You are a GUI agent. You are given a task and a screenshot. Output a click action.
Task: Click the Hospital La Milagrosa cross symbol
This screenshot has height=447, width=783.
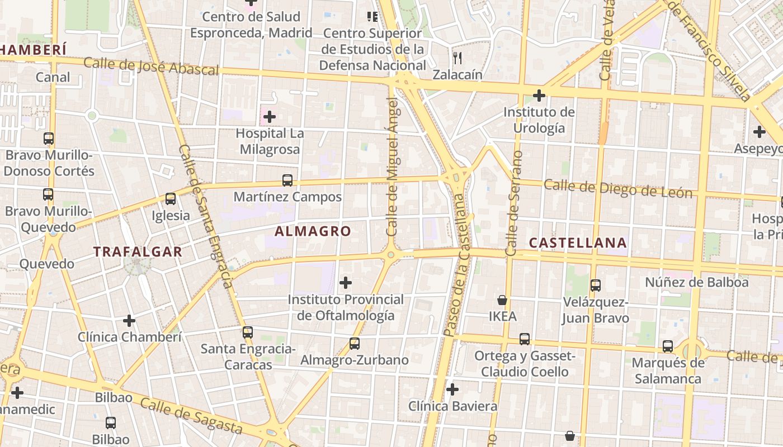tap(270, 117)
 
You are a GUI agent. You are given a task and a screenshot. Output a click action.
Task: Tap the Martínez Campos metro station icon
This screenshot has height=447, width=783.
tap(287, 180)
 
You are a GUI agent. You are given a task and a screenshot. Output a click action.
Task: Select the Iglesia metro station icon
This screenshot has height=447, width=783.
tap(171, 198)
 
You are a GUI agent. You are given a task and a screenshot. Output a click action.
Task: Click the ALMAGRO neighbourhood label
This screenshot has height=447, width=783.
tap(313, 231)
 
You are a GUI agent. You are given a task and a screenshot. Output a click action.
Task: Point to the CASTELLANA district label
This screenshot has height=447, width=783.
tap(578, 242)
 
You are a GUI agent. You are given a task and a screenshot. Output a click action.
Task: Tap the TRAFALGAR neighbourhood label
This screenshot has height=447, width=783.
tap(138, 251)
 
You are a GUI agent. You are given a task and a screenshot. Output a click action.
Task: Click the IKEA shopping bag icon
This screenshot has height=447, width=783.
tap(502, 300)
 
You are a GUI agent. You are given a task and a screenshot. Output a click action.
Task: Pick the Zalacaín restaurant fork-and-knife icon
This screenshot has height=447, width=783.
tap(457, 58)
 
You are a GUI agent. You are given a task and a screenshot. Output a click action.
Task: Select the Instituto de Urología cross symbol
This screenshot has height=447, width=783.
tap(539, 96)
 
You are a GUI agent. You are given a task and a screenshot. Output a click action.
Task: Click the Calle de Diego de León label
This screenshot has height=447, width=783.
tap(618, 188)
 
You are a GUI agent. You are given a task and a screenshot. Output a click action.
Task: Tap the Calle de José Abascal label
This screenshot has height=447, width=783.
tap(151, 66)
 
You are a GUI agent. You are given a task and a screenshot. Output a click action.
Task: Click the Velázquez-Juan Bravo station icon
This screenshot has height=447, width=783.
tap(596, 286)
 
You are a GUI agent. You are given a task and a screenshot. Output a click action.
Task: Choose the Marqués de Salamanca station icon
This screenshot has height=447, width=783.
tap(668, 346)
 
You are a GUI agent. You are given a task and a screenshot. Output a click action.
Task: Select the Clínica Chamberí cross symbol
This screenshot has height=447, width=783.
tap(129, 321)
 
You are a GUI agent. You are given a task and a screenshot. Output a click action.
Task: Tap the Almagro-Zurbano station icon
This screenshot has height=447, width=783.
tap(355, 344)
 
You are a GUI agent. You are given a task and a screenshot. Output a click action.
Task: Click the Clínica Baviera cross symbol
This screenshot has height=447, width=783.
tap(452, 389)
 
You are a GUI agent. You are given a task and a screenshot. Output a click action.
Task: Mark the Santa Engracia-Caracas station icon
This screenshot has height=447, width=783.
tap(248, 332)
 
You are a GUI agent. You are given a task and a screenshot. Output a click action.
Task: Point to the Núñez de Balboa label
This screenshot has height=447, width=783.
tap(696, 282)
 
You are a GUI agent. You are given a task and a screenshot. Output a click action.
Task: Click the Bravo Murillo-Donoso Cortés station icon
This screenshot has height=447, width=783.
tap(49, 139)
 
